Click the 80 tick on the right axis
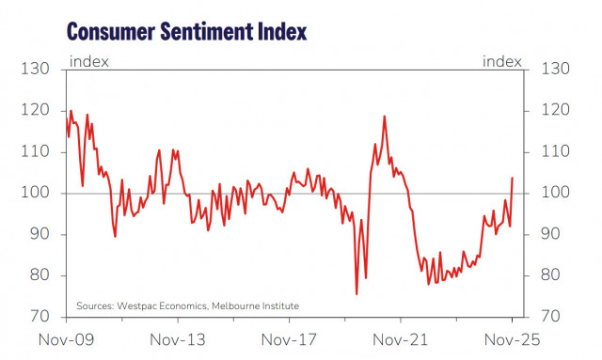(x=552, y=275)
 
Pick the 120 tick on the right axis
(x=554, y=110)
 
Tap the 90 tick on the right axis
(x=552, y=234)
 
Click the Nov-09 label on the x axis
(x=66, y=339)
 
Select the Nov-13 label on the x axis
(x=178, y=339)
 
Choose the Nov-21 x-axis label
(x=401, y=339)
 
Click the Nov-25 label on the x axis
(x=511, y=339)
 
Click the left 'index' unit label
(x=89, y=62)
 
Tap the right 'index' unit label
(x=501, y=62)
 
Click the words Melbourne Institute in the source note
(x=255, y=305)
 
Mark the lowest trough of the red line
(x=356, y=294)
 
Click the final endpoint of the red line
(x=513, y=178)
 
